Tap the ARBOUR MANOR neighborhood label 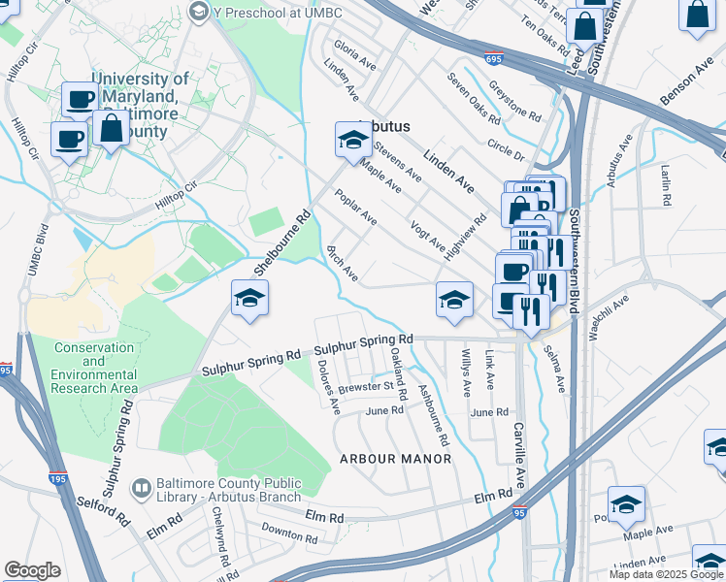pos(395,458)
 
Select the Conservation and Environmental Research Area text pos(94,368)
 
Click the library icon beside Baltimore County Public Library pos(142,487)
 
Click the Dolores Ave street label pos(327,383)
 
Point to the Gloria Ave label pos(354,53)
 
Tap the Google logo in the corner pos(32,570)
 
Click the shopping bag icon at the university pos(112,129)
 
